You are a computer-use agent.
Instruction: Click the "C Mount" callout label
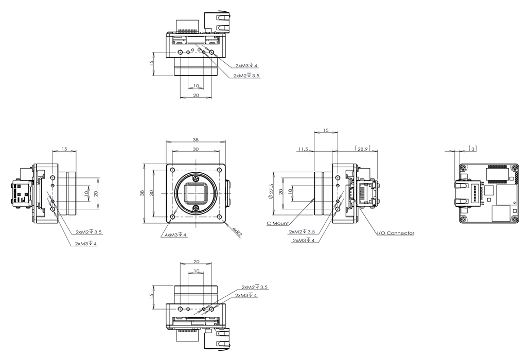point(278,223)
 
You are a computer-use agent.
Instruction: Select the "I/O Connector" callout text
point(396,233)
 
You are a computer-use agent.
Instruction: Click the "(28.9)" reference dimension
point(362,148)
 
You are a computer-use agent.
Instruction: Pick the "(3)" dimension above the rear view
point(473,148)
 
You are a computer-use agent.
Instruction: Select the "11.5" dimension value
point(303,149)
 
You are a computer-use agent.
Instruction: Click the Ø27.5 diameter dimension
point(271,191)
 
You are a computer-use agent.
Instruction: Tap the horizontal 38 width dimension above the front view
point(196,139)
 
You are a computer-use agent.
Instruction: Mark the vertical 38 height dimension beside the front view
point(143,193)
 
